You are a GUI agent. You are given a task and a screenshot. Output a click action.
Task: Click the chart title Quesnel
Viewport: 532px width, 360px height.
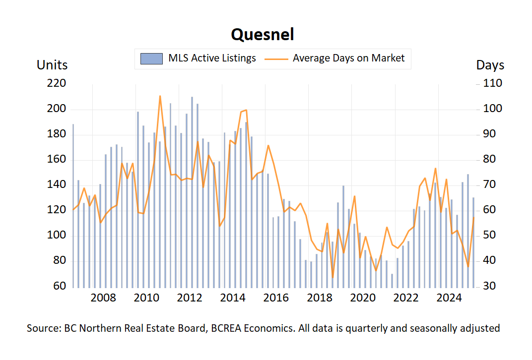262,34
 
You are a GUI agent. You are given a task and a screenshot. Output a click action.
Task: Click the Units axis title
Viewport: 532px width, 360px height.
52,65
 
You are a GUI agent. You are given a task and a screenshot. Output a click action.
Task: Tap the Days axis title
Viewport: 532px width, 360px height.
490,65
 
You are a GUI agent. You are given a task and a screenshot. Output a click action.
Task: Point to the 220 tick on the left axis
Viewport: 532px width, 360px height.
56,84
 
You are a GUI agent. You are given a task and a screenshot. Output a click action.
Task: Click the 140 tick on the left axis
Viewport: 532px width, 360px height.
56,185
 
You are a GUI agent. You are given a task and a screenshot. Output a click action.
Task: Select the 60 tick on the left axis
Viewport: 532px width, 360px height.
59,287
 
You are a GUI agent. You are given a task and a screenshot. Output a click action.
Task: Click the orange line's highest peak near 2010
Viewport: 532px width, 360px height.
160,96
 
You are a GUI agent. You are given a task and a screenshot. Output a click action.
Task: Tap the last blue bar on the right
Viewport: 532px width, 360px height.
473,242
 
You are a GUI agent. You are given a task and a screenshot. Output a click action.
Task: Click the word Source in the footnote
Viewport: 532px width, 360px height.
43,328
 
